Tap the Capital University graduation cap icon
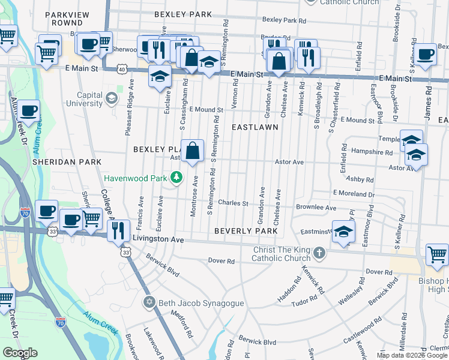pos(111,98)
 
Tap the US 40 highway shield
pos(122,70)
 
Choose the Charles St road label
pos(233,203)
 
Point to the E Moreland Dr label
pos(354,194)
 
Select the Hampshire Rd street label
pos(372,152)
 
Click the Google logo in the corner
pos(20,353)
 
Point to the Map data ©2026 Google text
pos(412,355)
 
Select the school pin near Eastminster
pos(343,230)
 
